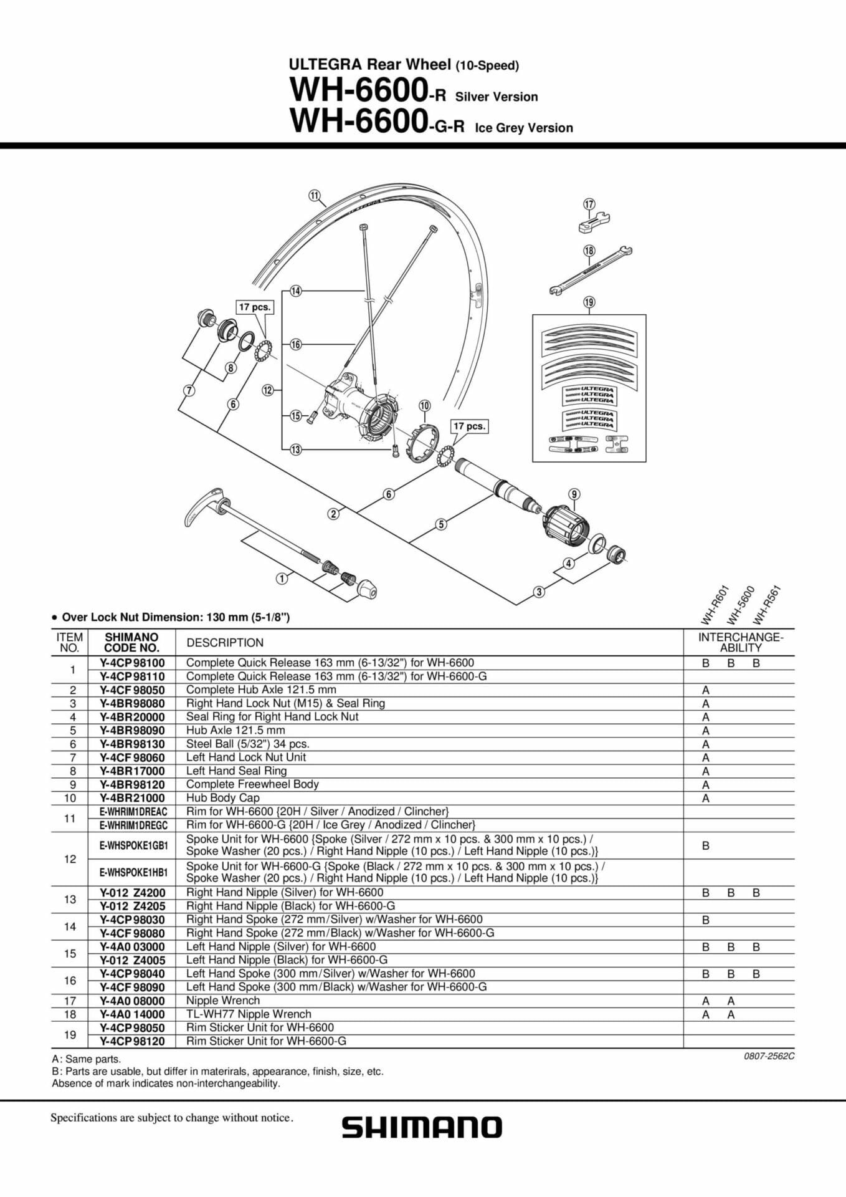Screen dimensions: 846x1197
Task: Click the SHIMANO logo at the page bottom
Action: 422,1128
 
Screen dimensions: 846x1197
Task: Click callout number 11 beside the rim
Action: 315,196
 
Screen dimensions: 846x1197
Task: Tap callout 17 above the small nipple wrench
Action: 589,204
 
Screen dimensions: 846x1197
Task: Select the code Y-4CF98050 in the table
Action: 132,690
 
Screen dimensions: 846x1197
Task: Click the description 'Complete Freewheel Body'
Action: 252,784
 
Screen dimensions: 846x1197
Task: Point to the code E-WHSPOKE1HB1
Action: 133,872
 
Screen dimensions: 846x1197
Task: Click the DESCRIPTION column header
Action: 225,643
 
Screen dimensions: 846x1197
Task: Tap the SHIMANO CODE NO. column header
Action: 131,642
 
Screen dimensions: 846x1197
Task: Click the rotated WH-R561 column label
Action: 766,605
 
